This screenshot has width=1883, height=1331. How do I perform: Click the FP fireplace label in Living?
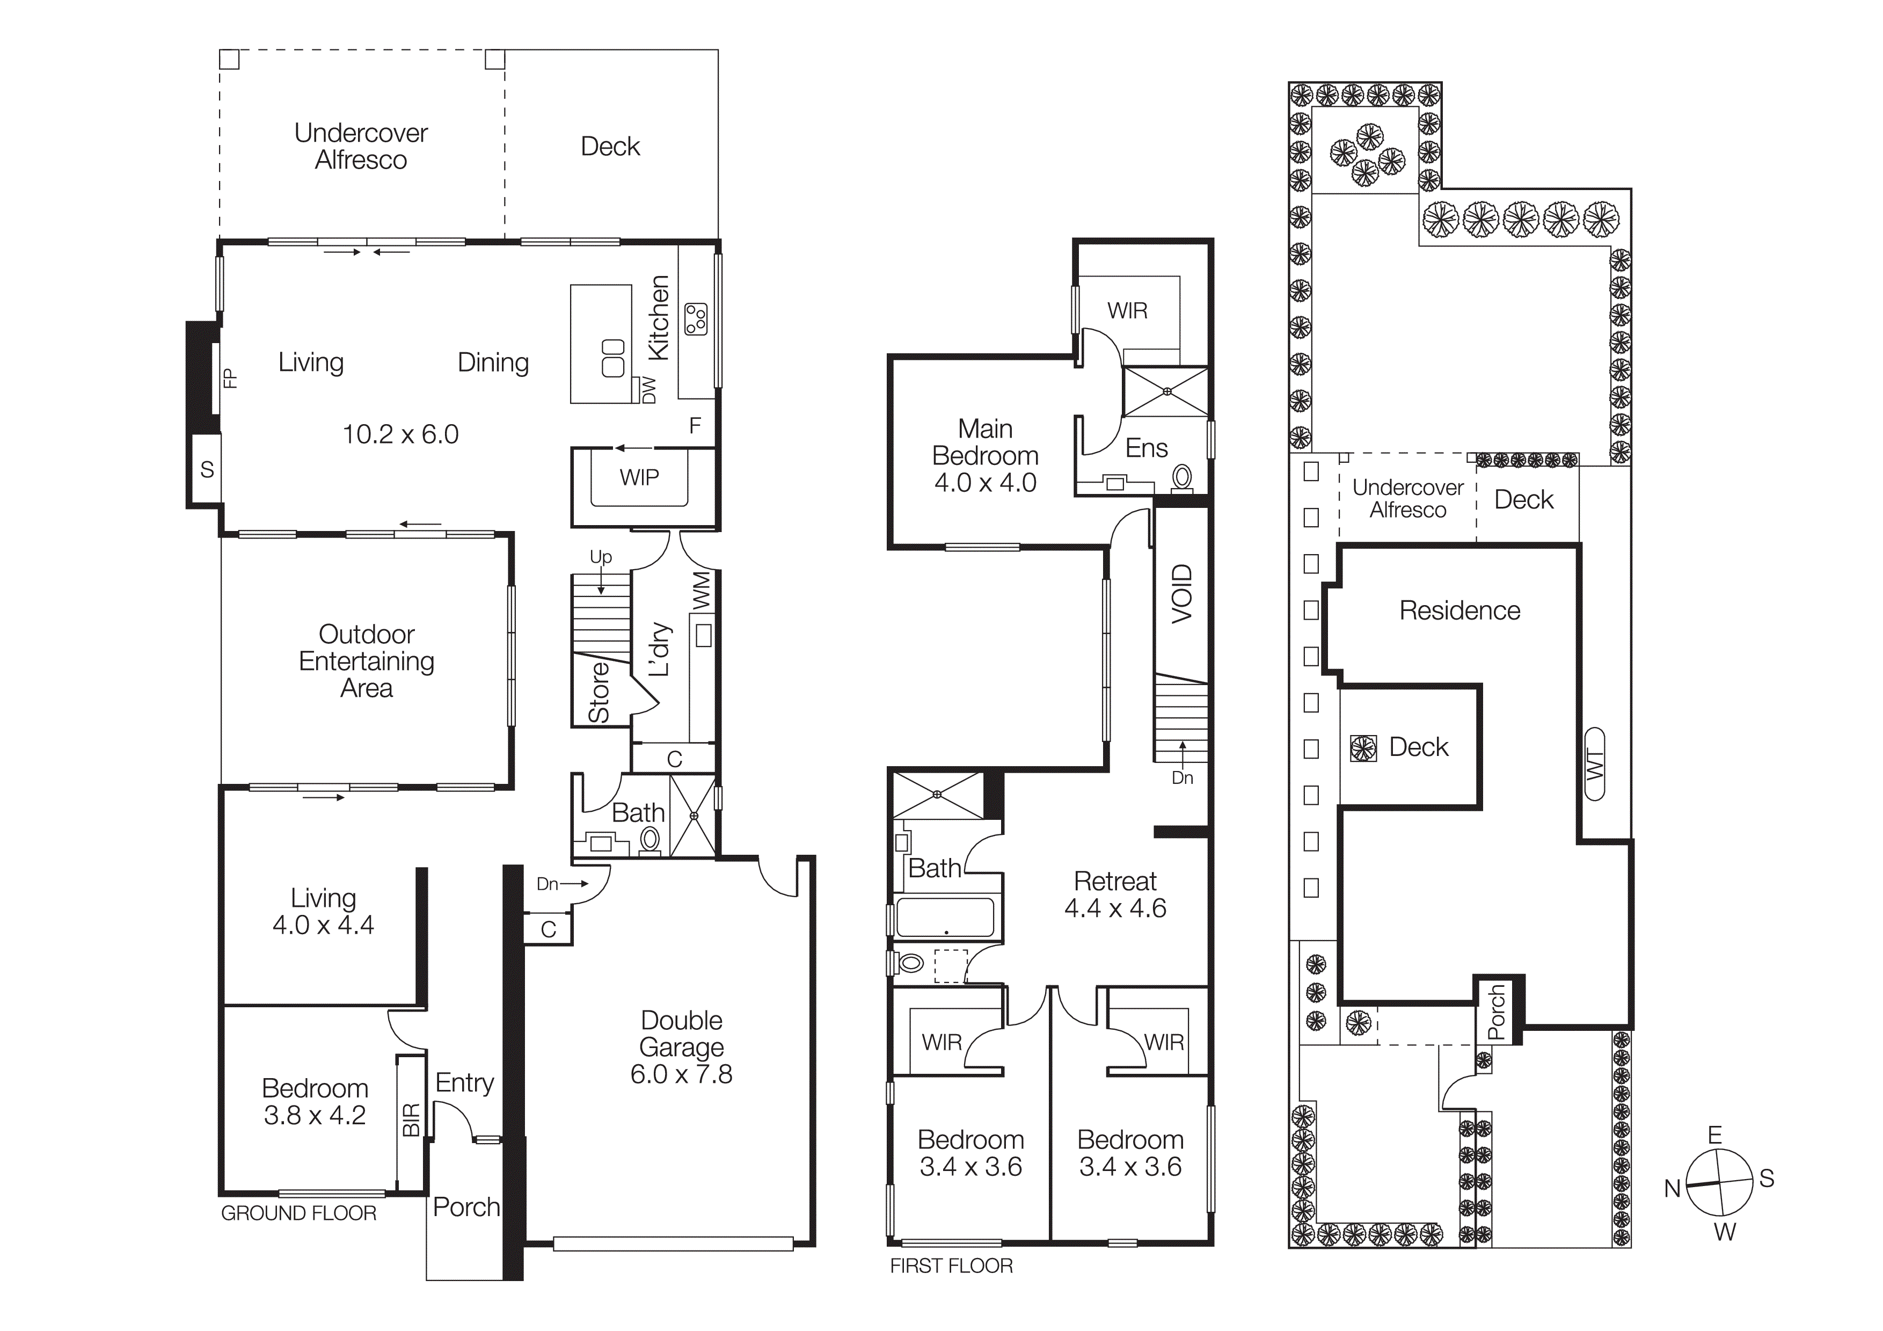click(x=230, y=378)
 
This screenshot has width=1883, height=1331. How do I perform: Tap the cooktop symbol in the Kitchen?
click(x=696, y=319)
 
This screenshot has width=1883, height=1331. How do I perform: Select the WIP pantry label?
click(x=639, y=477)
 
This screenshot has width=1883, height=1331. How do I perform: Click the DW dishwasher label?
click(x=649, y=390)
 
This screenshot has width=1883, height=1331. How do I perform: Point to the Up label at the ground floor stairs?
click(x=600, y=557)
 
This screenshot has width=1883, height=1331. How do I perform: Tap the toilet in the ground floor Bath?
click(x=649, y=839)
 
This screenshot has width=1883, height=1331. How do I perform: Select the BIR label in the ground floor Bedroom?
click(x=411, y=1119)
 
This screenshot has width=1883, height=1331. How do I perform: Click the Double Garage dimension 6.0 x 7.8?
click(x=681, y=1074)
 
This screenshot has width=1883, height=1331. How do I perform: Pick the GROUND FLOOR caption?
click(x=298, y=1213)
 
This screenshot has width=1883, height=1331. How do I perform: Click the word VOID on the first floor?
click(x=1181, y=594)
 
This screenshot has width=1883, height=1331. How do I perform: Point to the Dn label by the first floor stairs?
click(x=1182, y=777)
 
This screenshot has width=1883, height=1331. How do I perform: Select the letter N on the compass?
click(x=1672, y=1188)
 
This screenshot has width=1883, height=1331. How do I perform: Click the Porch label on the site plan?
click(x=1496, y=1012)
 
